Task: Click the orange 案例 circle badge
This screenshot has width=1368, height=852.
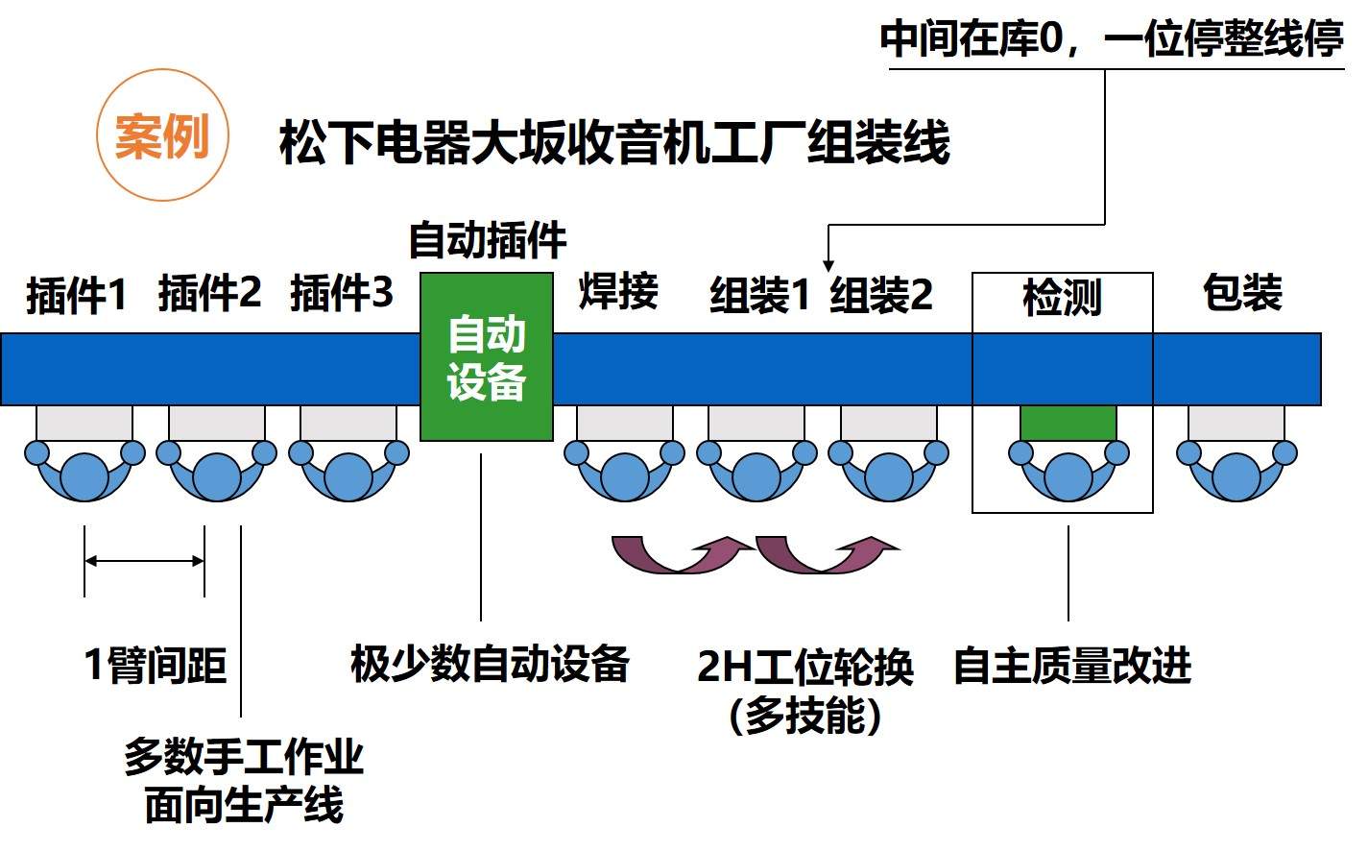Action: (162, 135)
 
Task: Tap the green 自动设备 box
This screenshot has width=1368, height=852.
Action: (487, 357)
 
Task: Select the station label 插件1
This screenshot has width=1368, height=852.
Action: (77, 294)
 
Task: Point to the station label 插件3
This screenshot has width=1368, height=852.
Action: (342, 292)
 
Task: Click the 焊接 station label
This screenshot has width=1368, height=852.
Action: (618, 291)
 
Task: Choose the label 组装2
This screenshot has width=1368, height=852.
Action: (881, 294)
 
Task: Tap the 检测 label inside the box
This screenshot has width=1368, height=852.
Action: (1062, 298)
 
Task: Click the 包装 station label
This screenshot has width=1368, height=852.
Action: (1242, 292)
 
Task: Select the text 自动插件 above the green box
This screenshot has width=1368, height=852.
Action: (488, 240)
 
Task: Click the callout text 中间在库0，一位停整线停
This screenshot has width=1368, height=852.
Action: (1111, 40)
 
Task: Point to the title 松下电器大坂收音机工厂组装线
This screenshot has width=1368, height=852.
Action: (614, 142)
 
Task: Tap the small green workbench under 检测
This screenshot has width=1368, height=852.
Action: (1068, 423)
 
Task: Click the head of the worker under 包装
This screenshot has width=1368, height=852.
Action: (1236, 476)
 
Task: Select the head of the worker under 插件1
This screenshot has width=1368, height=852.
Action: (84, 476)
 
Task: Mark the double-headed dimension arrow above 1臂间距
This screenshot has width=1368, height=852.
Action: (144, 561)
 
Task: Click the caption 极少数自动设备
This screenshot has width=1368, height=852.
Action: (490, 664)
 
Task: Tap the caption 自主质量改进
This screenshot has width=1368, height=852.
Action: (1071, 666)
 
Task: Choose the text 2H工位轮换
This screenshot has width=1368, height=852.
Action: (804, 667)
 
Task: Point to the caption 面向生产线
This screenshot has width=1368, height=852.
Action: (244, 805)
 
